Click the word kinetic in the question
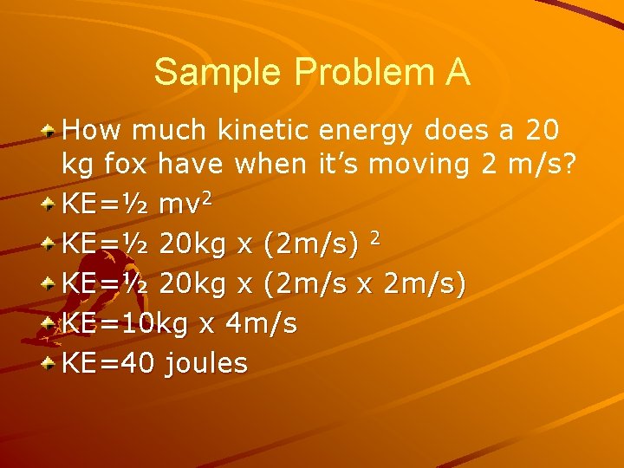tap(264, 131)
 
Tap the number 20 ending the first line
tap(542, 131)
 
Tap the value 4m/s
tap(260, 324)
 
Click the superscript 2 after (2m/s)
tap(374, 237)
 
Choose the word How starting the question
tap(91, 131)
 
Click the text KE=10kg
tap(127, 324)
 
